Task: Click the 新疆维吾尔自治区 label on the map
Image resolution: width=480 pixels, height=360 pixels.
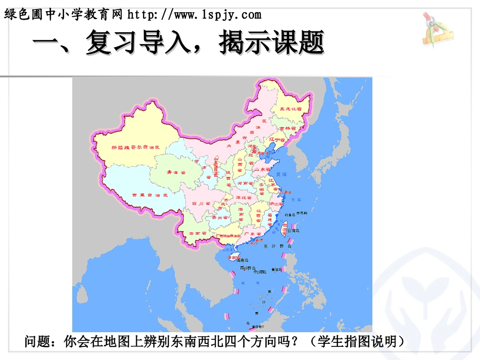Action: [135, 147]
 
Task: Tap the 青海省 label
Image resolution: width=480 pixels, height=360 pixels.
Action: [175, 172]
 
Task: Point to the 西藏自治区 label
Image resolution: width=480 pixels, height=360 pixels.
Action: [150, 195]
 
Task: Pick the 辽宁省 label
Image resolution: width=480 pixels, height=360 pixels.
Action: [277, 137]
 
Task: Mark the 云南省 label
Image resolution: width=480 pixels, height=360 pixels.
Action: [198, 233]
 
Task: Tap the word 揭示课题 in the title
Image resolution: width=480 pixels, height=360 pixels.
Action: [271, 43]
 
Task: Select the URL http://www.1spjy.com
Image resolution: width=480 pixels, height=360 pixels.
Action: [195, 15]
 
